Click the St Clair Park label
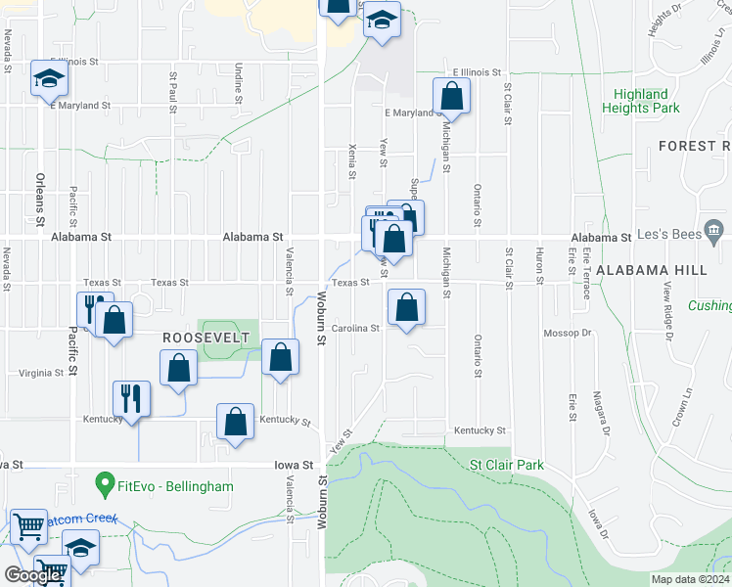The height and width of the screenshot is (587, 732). click(x=506, y=466)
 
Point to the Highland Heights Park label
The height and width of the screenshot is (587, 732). click(x=646, y=101)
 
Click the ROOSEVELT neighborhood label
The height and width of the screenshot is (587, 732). click(x=206, y=337)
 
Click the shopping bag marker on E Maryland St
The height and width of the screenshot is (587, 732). click(x=451, y=97)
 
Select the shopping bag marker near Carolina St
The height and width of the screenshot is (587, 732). click(x=406, y=307)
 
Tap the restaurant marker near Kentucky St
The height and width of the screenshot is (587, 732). click(x=131, y=398)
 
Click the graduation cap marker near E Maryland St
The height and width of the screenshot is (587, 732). click(x=49, y=78)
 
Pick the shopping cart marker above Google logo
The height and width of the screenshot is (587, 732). click(x=29, y=525)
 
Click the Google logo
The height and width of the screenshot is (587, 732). click(x=33, y=575)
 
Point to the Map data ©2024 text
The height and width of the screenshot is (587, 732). click(x=690, y=579)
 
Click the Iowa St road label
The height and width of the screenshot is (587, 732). click(x=294, y=466)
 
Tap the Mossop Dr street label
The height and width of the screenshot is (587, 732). click(x=568, y=333)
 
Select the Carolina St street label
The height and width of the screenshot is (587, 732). click(x=354, y=329)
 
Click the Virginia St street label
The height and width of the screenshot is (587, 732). click(x=41, y=373)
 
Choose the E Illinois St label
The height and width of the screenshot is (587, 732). click(x=477, y=72)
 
